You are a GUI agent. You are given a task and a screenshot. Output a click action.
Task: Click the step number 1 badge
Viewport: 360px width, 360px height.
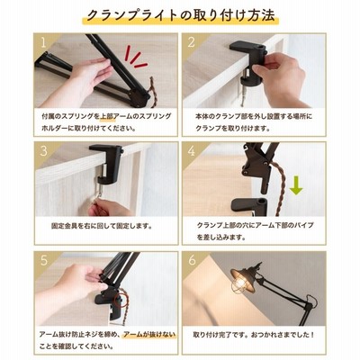point(43,42)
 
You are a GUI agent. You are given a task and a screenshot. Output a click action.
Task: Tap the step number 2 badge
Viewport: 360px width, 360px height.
point(192,42)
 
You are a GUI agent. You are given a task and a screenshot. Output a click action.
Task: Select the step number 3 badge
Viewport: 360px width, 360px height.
point(44,151)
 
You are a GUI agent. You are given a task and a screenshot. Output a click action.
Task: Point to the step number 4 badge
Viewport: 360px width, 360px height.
point(192,151)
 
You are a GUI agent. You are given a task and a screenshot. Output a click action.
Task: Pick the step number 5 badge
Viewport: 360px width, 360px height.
point(44,260)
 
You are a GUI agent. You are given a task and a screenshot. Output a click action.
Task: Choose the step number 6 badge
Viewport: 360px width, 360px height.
point(192,260)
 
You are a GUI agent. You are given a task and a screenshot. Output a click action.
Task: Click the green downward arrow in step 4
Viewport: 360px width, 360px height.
point(296,185)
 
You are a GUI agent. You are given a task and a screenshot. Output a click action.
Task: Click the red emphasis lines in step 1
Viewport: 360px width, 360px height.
point(136,56)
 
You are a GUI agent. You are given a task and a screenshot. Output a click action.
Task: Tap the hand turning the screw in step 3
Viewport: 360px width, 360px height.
point(110,207)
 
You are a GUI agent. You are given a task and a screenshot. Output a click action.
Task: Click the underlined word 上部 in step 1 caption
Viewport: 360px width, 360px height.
point(107,116)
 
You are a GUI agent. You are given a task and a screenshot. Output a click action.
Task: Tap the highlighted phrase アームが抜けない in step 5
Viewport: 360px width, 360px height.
point(149,334)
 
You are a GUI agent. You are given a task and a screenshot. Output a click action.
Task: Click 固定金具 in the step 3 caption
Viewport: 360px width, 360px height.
point(65,226)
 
